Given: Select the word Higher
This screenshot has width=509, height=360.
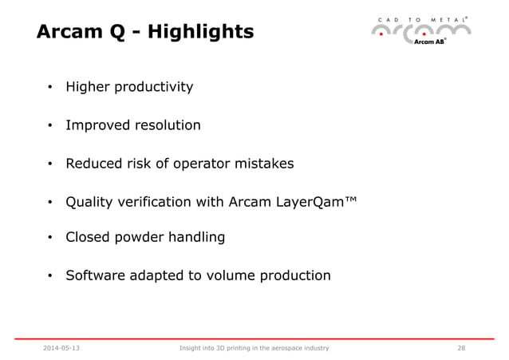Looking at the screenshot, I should (88, 86).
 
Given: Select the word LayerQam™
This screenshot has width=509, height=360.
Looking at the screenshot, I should (309, 202).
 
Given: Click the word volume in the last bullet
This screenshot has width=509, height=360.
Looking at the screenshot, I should (225, 275).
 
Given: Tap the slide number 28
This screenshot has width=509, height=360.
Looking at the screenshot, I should (461, 348).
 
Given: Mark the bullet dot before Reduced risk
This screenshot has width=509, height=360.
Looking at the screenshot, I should (49, 165).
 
